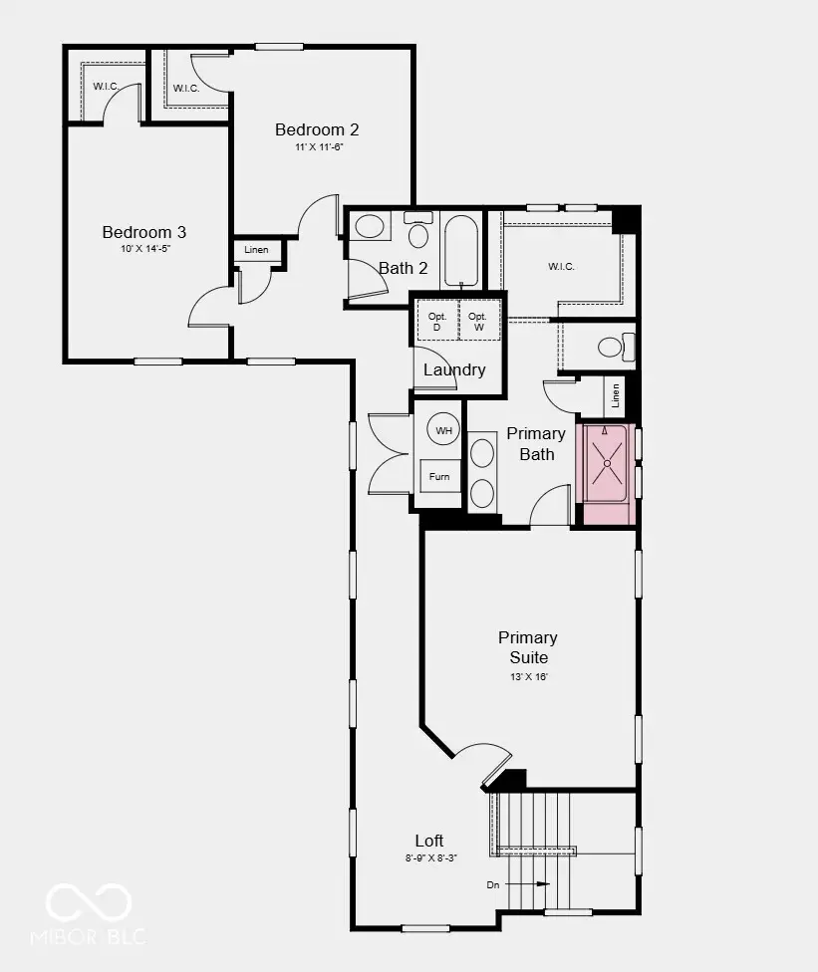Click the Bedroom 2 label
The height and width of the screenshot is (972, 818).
click(316, 129)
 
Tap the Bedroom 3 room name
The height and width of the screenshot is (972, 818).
click(143, 232)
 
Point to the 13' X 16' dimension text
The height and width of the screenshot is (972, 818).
click(529, 677)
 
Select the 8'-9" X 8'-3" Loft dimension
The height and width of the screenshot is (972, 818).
click(431, 857)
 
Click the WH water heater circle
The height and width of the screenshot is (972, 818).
click(443, 429)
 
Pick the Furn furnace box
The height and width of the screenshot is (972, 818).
click(439, 476)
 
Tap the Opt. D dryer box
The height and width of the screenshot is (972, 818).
click(437, 321)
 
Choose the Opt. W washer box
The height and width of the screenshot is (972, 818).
click(478, 321)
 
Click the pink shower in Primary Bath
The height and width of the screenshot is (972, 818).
click(607, 474)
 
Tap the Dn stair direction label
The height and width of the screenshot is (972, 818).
click(493, 884)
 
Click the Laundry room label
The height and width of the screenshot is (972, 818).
click(454, 370)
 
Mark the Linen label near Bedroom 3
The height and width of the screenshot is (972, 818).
click(256, 250)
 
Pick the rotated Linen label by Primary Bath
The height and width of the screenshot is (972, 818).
click(615, 395)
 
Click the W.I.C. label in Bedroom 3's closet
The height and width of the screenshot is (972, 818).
click(106, 87)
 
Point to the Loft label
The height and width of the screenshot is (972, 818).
click(429, 841)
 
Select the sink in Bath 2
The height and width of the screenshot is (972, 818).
click(370, 227)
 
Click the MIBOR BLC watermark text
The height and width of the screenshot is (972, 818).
click(89, 936)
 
